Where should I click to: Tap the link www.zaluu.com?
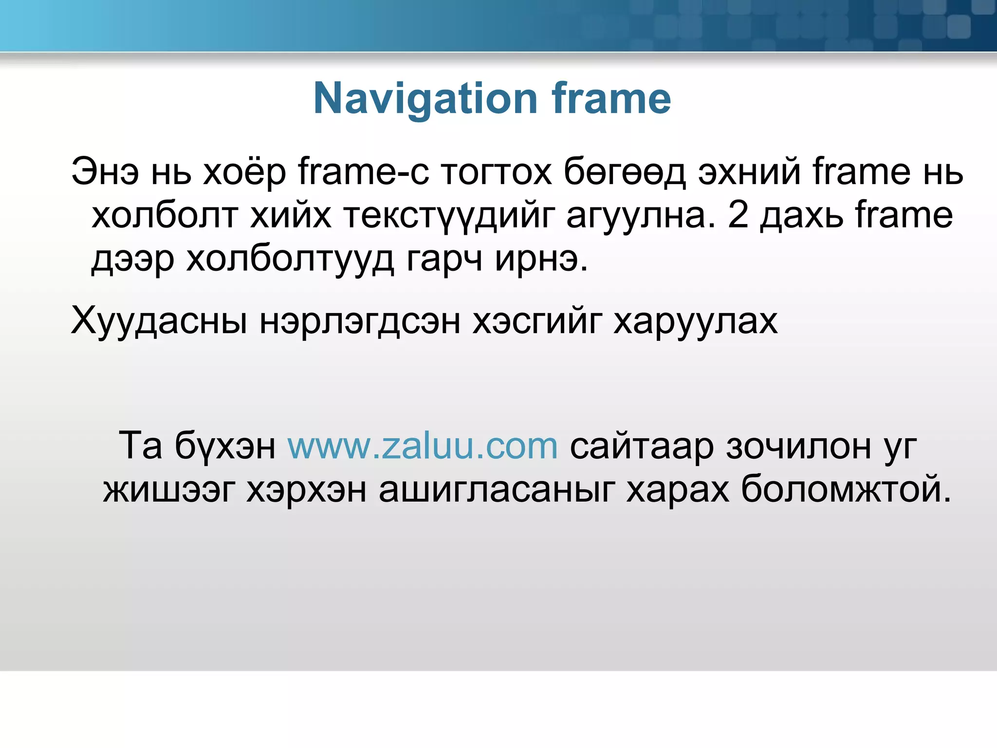422,446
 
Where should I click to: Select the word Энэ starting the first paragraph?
105,172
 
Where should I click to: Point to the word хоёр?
244,172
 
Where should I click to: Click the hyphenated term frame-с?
364,172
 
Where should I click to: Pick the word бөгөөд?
625,172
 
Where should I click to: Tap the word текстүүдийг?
449,216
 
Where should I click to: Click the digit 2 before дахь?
738,216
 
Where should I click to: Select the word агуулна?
641,216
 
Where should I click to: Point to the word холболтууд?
290,259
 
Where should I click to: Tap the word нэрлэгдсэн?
360,321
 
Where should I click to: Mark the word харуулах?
695,321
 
